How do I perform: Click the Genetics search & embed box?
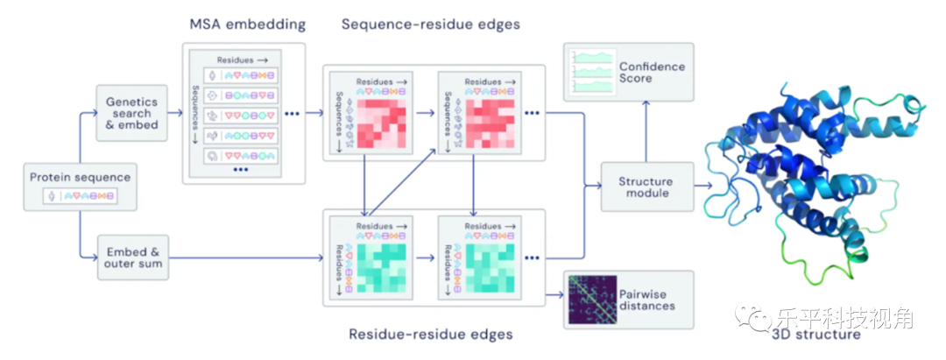tap(131, 114)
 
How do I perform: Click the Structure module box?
tap(645, 187)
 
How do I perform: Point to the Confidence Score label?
tap(652, 72)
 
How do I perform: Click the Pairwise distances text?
tap(646, 300)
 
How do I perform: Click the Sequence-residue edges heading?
tap(430, 25)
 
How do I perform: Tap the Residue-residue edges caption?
tap(430, 334)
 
